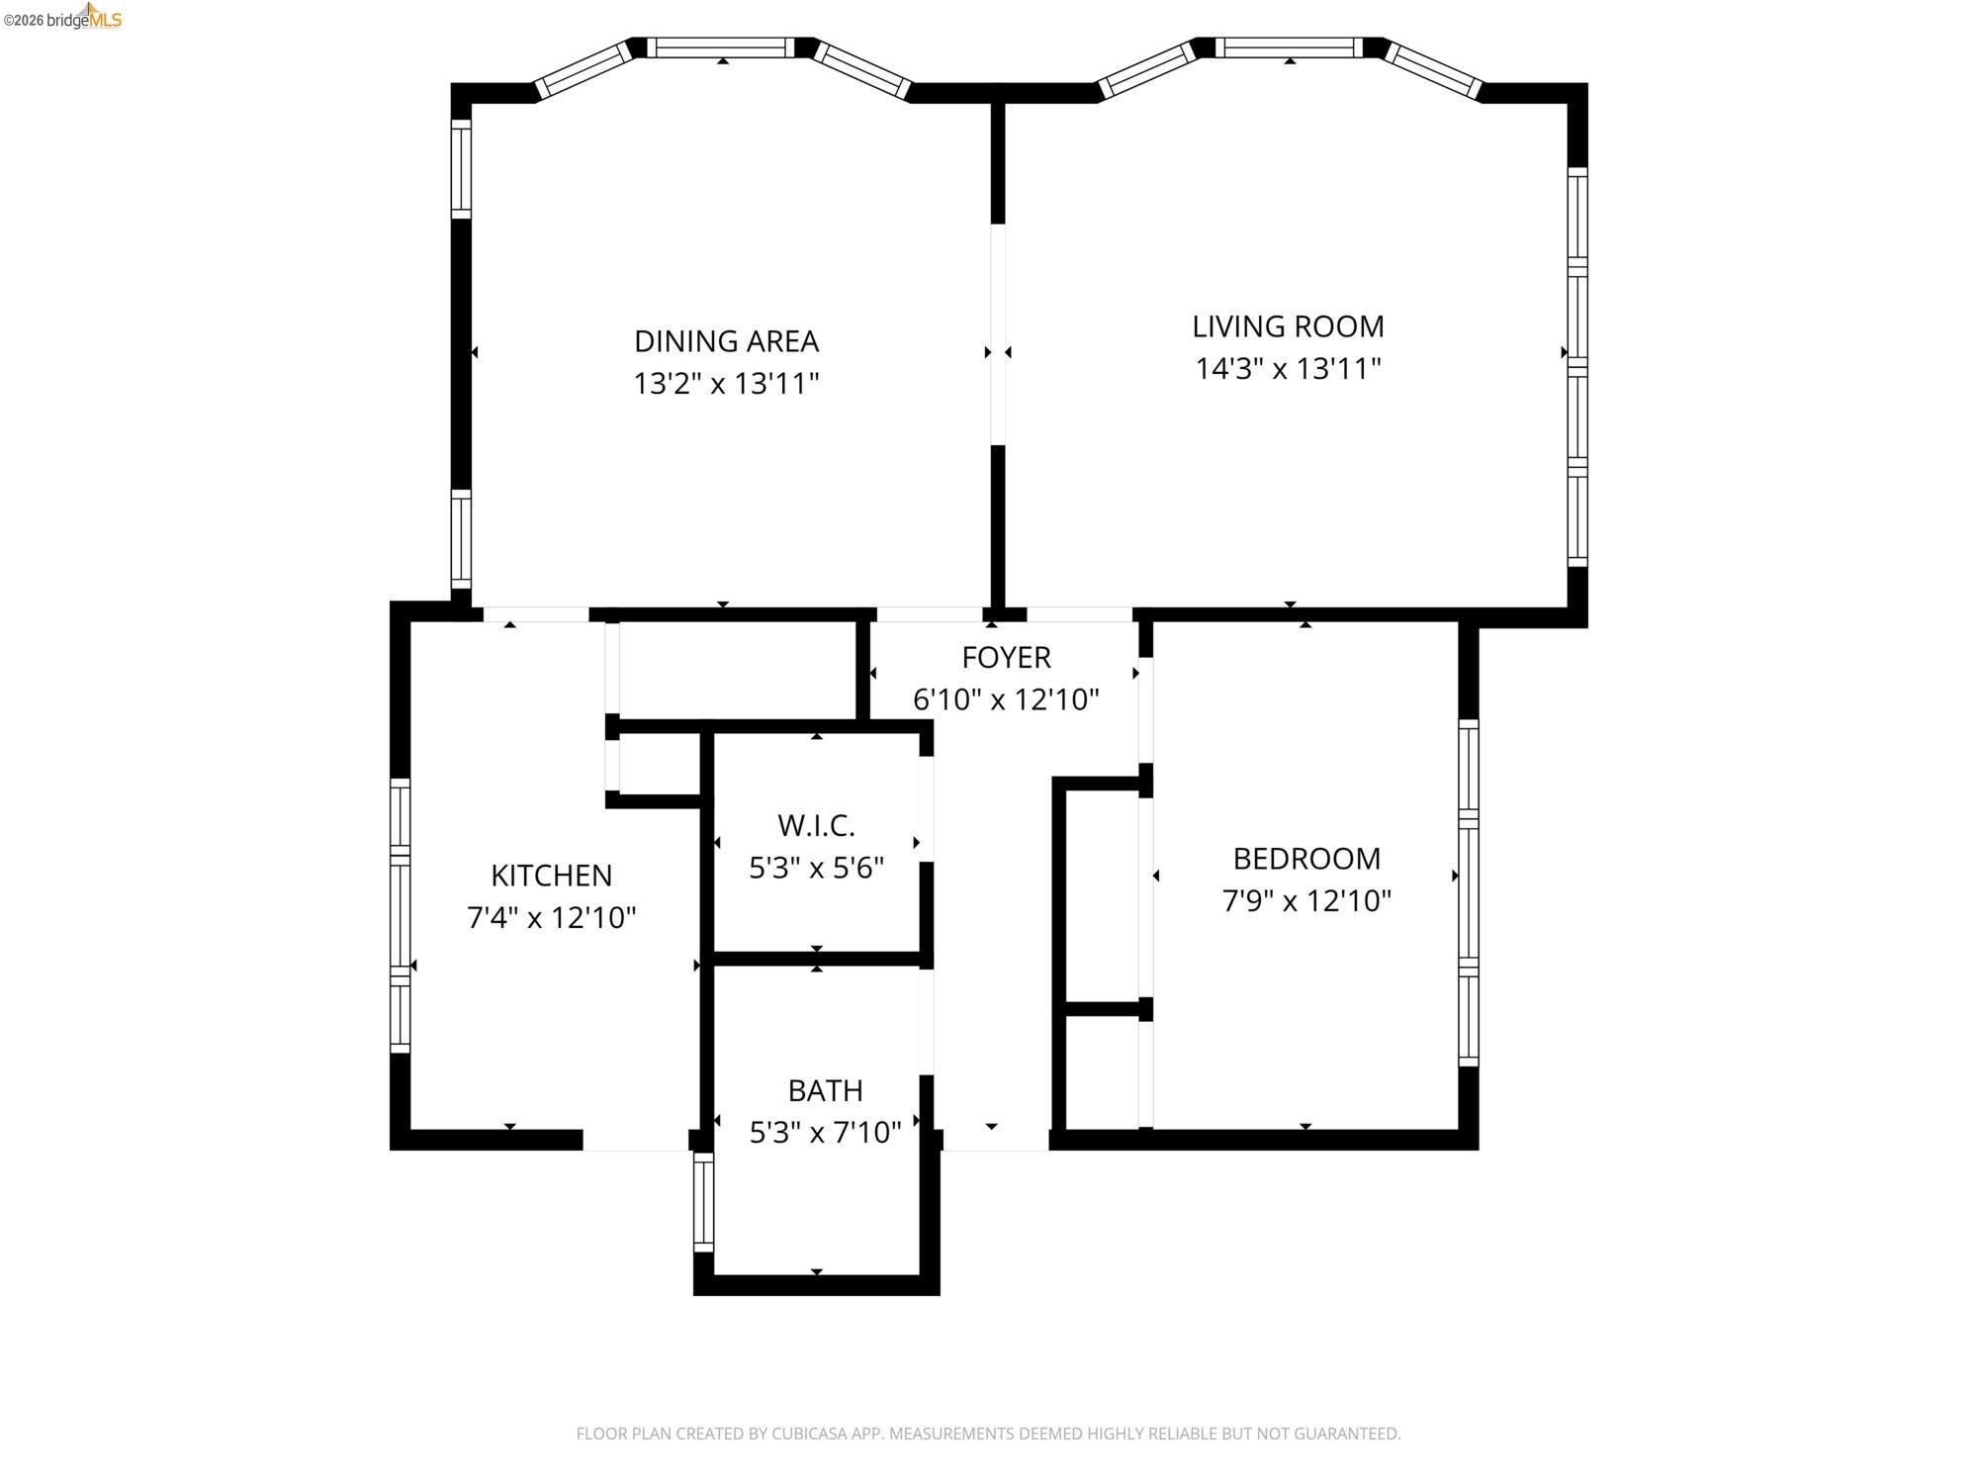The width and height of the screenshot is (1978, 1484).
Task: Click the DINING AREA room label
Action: [726, 341]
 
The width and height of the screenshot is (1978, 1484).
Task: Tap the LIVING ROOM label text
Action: [1288, 326]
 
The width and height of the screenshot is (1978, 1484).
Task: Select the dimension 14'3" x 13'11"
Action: [1288, 369]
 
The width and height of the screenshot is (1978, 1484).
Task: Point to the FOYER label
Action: [1006, 657]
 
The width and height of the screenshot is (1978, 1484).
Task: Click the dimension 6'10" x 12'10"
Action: [1006, 699]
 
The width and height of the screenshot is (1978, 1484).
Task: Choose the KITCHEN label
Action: [551, 876]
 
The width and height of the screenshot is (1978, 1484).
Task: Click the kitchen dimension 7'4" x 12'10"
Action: [551, 918]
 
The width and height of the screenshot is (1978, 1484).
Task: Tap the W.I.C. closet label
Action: [816, 825]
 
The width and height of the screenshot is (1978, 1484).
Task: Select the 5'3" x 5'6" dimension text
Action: [816, 868]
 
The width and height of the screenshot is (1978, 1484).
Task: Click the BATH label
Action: [825, 1090]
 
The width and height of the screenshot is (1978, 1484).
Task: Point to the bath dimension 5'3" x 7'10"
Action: [825, 1133]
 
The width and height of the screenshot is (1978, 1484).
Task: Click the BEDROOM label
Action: [1306, 859]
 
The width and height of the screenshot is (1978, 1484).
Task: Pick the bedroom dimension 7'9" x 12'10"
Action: [1306, 901]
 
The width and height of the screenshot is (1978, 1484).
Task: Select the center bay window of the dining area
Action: [722, 47]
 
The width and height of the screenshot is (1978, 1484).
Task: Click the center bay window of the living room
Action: [1289, 47]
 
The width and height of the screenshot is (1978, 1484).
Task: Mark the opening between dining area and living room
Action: [998, 334]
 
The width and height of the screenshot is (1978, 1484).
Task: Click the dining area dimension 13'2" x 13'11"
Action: [726, 384]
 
